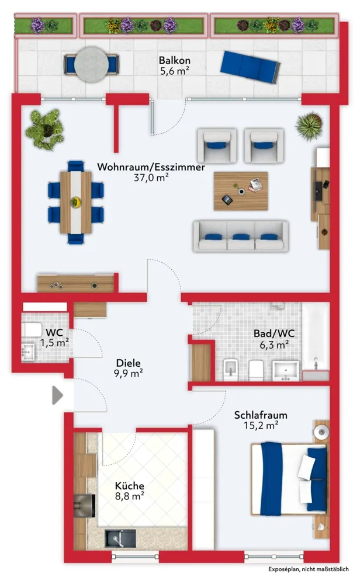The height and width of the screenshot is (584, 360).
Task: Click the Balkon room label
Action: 174,60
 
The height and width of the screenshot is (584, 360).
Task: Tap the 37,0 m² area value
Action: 151,178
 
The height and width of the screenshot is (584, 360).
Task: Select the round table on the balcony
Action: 91,64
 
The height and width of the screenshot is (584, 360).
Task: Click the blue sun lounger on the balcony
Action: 250,67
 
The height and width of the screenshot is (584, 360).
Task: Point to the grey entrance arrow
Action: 57,395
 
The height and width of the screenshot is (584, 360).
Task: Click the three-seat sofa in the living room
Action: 241,235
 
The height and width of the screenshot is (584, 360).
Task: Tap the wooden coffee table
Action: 241,191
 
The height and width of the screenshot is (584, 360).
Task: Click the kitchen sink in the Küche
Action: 120,538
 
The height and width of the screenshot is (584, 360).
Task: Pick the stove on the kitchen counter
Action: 84,505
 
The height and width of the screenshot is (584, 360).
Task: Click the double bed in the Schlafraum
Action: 289,479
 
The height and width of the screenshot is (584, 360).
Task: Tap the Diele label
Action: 128,363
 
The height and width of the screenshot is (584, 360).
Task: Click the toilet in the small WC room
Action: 32,329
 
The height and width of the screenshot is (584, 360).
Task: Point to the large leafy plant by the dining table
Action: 45,129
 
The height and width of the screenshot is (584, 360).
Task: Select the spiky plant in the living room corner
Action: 309,126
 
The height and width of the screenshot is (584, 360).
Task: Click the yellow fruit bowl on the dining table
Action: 75,202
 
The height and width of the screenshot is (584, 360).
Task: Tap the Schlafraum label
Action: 261,415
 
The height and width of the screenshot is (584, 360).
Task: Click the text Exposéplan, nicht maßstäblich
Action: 309,569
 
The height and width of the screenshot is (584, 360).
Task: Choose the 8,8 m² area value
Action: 129,496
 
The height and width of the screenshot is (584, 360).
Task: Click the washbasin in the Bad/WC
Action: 285,371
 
